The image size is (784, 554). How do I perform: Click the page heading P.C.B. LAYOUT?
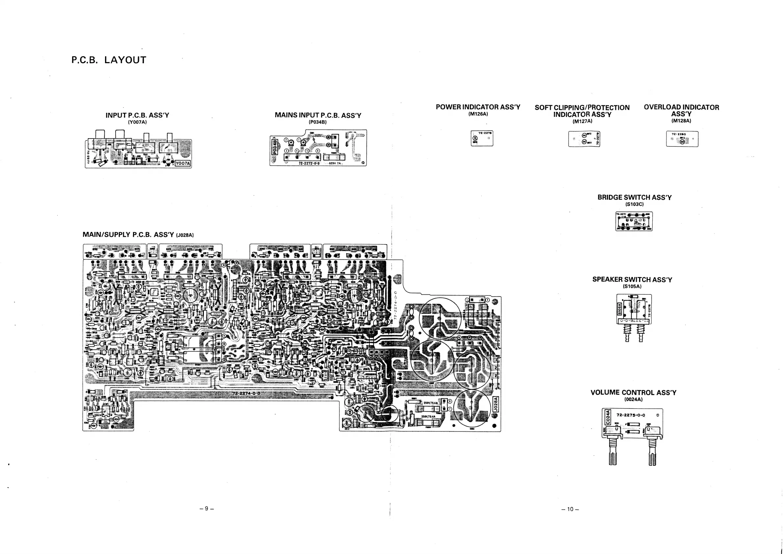[x=109, y=60]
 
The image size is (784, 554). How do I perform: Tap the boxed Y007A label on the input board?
[x=183, y=164]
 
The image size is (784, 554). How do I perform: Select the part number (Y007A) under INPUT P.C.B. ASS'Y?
[x=137, y=122]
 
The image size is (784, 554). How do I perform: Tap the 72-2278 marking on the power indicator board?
[x=485, y=133]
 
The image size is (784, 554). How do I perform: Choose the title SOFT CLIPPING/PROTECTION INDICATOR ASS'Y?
[x=582, y=111]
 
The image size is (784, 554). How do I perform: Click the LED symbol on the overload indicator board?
[x=682, y=141]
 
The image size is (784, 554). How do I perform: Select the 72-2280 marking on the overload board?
[x=679, y=134]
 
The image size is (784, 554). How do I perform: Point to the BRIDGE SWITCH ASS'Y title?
[x=635, y=197]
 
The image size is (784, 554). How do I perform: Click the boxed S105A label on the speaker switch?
[x=619, y=310]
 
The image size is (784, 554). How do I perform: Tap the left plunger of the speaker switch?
[x=627, y=333]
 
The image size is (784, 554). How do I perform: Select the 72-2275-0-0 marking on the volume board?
[x=631, y=415]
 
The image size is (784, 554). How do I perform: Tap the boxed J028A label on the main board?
[x=496, y=404]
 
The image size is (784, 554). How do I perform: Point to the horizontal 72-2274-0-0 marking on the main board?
[x=246, y=393]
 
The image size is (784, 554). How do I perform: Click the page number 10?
[x=570, y=509]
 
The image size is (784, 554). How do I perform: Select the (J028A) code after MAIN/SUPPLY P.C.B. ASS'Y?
[x=185, y=235]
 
